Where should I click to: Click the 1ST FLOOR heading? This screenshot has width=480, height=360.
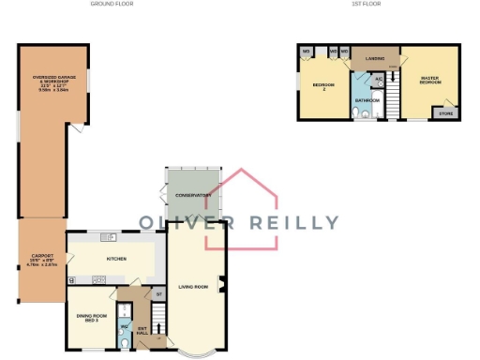pos(366,4)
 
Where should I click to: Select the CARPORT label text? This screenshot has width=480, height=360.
pos(42,259)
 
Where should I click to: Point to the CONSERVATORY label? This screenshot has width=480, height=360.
pos(193,195)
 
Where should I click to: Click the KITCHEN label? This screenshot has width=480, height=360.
pos(116,257)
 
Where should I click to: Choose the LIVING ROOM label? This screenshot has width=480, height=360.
pos(193,286)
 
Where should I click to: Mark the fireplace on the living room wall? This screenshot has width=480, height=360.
pos(221,283)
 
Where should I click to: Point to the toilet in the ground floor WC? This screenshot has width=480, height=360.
pos(124,340)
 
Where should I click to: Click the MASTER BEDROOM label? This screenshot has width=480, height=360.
pos(430,82)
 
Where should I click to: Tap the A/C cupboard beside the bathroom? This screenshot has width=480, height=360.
pos(378,79)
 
